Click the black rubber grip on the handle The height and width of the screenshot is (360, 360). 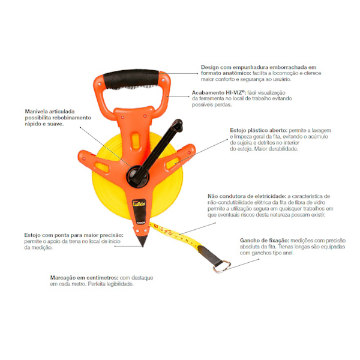pyautogui.click(x=131, y=79)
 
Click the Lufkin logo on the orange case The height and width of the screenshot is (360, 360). pyautogui.click(x=139, y=203)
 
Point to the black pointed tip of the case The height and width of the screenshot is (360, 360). pyautogui.click(x=142, y=240)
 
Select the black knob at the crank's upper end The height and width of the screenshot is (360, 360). pyautogui.click(x=178, y=125)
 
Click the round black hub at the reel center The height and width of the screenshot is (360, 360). pyautogui.click(x=137, y=176)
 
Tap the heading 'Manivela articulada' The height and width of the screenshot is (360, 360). pyautogui.click(x=50, y=112)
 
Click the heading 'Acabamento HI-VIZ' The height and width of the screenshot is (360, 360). pyautogui.click(x=219, y=92)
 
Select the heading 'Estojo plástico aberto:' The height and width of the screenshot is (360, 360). pyautogui.click(x=259, y=130)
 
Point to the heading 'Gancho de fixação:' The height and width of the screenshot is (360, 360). pyautogui.click(x=264, y=241)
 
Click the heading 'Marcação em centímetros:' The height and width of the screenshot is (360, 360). pyautogui.click(x=84, y=278)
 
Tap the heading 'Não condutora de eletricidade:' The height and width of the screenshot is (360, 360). pyautogui.click(x=247, y=196)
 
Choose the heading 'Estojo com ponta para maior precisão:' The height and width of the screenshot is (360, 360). pyautogui.click(x=74, y=235)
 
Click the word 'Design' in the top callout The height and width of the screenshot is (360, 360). pyautogui.click(x=209, y=67)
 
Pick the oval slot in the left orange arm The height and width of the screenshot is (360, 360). pyautogui.click(x=102, y=167)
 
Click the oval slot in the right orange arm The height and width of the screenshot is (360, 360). pyautogui.click(x=172, y=163)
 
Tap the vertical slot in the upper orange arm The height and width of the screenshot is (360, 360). pyautogui.click(x=135, y=140)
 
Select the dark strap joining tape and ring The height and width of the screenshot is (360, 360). pyautogui.click(x=209, y=254)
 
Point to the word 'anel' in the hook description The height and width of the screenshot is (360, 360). pyautogui.click(x=289, y=253)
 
